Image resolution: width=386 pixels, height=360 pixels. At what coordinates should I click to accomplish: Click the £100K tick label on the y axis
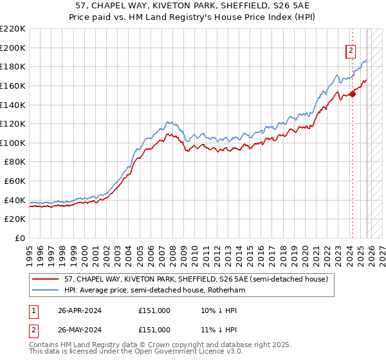coord(13,143)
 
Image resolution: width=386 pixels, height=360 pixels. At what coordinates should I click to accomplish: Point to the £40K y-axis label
coord(15,200)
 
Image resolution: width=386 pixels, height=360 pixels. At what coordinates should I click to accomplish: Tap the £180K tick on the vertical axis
coord(13,66)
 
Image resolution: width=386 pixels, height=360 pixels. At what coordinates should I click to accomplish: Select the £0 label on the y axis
coord(19,239)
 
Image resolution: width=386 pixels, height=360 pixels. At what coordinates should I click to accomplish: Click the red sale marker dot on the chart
coord(353,94)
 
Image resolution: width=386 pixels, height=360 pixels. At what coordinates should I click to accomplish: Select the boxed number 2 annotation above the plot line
coord(351,51)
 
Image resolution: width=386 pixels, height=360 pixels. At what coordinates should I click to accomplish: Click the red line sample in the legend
coord(46,279)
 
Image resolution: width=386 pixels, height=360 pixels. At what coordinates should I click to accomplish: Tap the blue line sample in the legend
coord(46,290)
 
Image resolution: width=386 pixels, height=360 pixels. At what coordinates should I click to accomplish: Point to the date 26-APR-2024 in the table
coord(79,310)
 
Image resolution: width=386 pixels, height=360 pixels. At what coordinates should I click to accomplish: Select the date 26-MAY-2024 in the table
coord(79,329)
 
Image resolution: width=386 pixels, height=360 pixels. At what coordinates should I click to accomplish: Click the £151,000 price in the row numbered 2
coord(154,329)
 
